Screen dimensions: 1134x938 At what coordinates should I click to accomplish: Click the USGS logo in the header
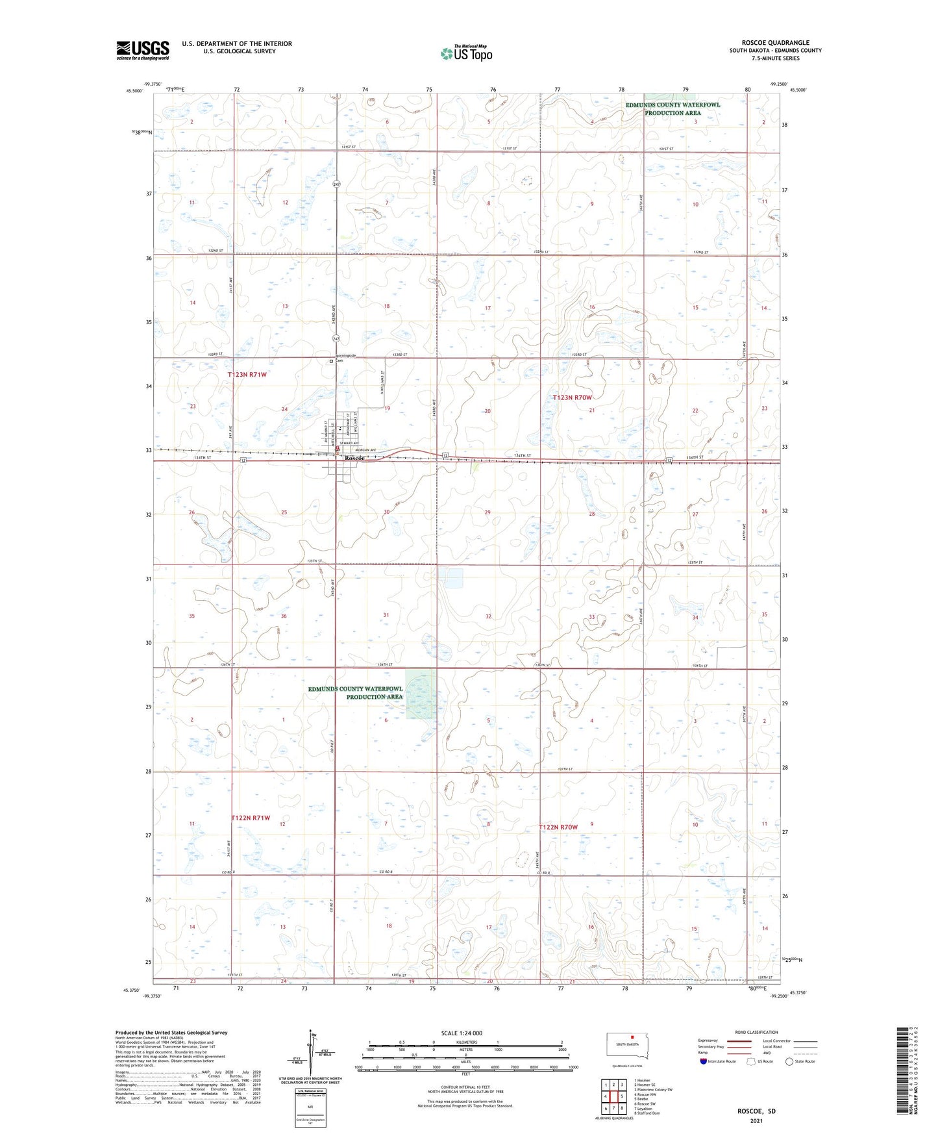[x=142, y=50]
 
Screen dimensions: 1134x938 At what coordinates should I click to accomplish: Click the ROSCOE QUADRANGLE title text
[x=775, y=43]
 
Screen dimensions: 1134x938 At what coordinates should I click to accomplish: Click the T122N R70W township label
[x=558, y=827]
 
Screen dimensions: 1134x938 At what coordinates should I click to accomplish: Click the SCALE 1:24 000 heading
[x=462, y=1033]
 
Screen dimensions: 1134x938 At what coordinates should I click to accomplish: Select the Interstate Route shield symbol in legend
[x=704, y=1061]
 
